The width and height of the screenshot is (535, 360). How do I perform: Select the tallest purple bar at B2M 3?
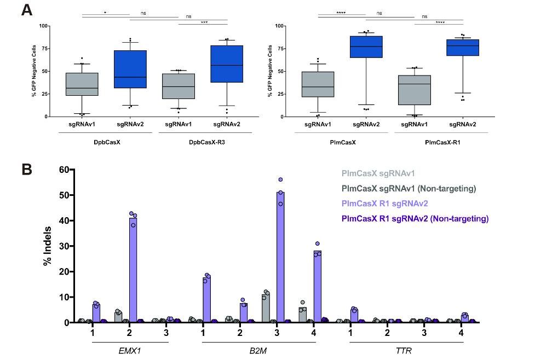point(280,257)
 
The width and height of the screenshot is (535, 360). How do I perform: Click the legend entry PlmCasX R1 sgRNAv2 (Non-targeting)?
point(415,219)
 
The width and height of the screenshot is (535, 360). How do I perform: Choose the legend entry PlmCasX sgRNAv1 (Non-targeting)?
point(407,189)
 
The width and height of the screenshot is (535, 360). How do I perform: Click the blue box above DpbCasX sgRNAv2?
point(130,69)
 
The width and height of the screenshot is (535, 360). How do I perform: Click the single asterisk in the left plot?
point(105,10)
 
